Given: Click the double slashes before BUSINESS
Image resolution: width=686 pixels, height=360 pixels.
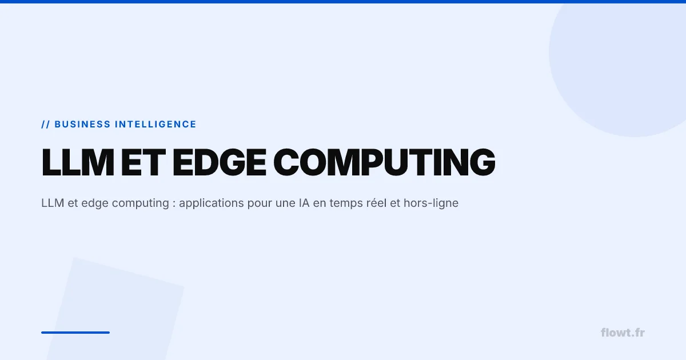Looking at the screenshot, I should [x=46, y=124].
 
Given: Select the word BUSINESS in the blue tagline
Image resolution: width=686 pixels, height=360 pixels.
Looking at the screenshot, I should [x=82, y=124].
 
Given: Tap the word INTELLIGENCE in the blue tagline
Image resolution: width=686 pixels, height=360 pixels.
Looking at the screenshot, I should [x=155, y=124].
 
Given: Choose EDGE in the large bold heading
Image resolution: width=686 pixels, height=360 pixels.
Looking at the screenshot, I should [x=219, y=162].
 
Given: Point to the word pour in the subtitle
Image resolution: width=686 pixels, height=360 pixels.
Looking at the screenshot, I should [x=260, y=203].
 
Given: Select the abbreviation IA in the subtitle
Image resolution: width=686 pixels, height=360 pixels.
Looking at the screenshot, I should [x=304, y=203].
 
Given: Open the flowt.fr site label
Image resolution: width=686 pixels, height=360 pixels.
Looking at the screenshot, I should [x=623, y=333].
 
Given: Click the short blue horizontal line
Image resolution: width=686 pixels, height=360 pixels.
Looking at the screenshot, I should [x=75, y=332].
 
